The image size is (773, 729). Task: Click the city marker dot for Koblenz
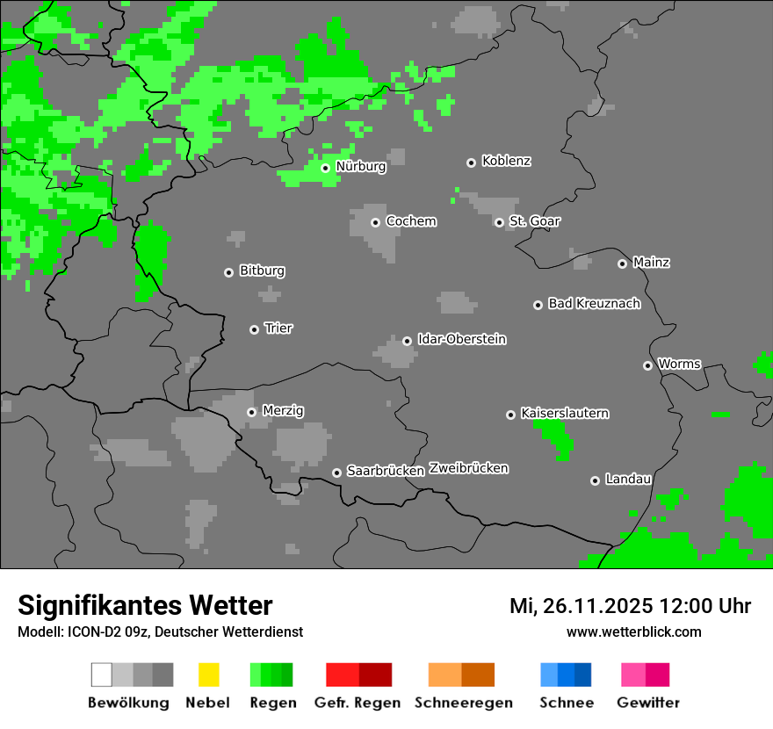pos(471,162)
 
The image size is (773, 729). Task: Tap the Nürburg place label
pos(360,166)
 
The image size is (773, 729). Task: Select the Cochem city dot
pos(375,222)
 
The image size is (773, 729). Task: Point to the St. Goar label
pos(534,221)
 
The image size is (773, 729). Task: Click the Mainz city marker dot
pos(622,263)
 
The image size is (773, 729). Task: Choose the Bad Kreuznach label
pos(594,304)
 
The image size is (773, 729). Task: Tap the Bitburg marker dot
pos(228,272)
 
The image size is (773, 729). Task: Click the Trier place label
pos(278,328)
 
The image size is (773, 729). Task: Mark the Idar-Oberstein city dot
pos(407,341)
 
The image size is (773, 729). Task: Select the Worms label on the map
pos(679,364)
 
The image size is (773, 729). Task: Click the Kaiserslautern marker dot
pos(510,415)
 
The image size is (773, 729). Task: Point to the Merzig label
pos(283,411)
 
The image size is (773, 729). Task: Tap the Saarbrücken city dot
pos(336,473)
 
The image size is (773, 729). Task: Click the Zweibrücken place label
pos(468,469)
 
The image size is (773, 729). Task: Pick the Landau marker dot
pos(595,480)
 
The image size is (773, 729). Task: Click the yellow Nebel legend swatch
pos(208,675)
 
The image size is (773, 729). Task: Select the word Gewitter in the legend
pos(647,703)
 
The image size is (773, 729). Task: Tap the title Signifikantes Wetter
pos(145,606)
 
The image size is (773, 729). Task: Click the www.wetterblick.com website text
pos(633,632)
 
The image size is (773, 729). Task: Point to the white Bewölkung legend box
pos(102,675)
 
